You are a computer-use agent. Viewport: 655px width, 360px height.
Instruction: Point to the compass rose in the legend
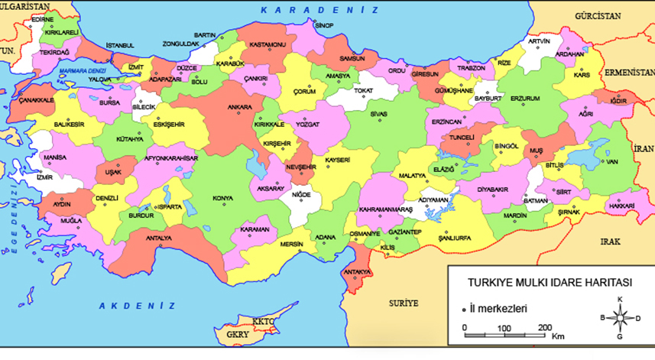click(x=621, y=317)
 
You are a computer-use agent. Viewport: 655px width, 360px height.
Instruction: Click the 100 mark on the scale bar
click(x=504, y=327)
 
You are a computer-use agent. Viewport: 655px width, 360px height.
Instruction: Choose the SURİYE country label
click(x=404, y=303)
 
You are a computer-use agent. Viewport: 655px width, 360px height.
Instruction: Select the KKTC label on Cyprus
click(x=264, y=322)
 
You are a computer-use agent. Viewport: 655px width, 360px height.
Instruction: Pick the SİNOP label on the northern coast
click(x=326, y=26)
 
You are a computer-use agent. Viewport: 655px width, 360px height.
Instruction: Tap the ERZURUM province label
click(x=525, y=99)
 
